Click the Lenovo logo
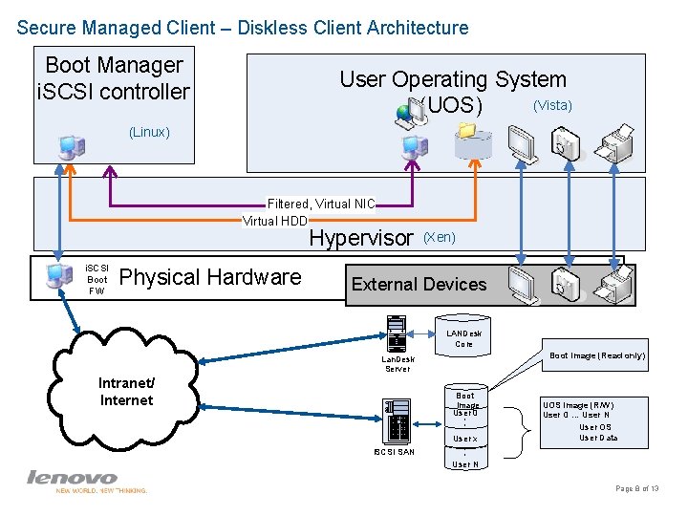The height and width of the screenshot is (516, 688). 73,478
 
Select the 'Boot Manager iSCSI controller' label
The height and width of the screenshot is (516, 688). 114,78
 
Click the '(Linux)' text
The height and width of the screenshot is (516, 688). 149,132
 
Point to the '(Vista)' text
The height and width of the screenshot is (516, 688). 552,105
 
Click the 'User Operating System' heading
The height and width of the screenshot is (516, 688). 453,79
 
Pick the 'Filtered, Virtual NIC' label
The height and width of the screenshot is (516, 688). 321,204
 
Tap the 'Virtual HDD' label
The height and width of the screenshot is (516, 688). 275,221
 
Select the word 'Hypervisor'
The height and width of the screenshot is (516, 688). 361,238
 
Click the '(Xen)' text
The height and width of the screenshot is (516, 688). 439,236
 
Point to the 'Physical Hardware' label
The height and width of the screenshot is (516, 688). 210,277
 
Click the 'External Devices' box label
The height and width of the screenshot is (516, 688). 419,284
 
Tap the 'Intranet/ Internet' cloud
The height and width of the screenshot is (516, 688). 126,392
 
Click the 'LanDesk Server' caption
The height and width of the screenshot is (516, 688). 398,364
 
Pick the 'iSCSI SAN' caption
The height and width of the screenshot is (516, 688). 394,452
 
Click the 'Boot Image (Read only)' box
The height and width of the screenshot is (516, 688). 597,355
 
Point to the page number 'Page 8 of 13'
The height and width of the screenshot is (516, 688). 637,488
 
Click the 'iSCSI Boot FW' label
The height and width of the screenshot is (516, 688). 97,279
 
